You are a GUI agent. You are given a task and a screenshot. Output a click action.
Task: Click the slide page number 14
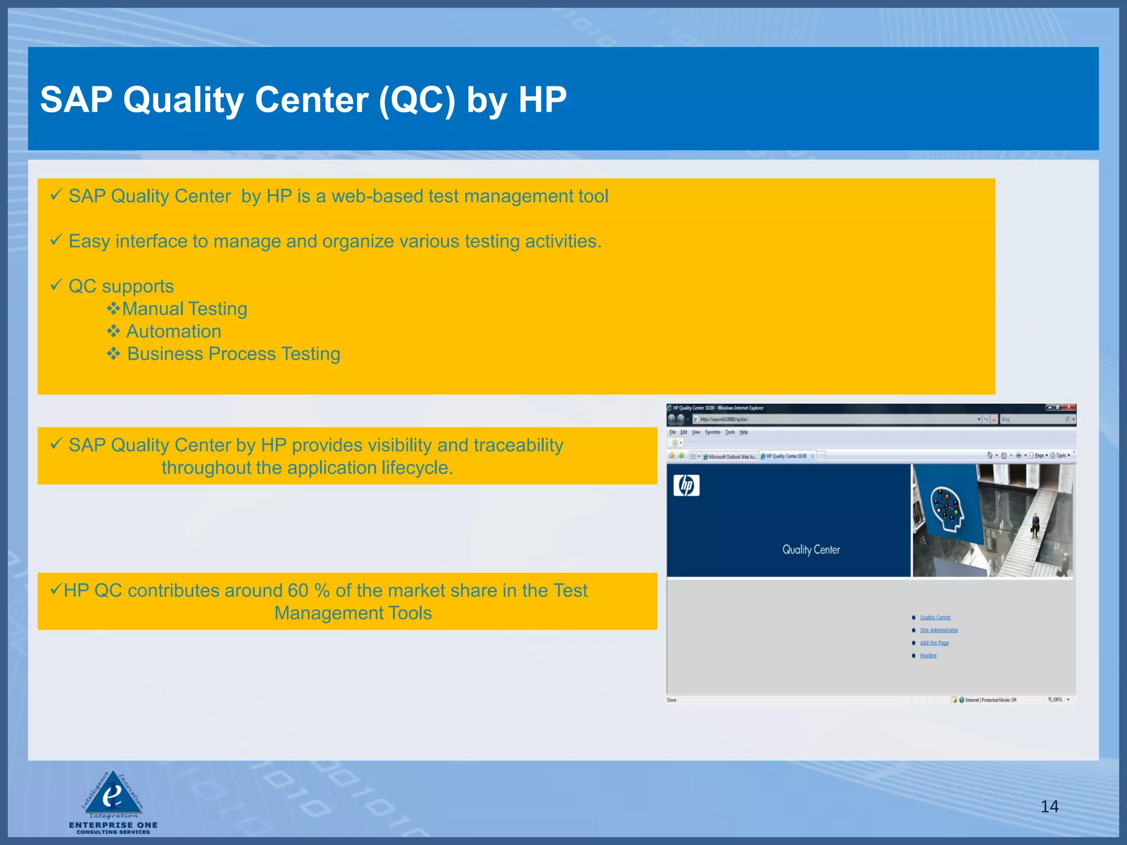coord(1049,806)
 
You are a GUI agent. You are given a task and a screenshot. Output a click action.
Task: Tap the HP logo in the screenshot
coord(686,486)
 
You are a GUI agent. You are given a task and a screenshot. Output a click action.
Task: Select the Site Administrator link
coord(939,630)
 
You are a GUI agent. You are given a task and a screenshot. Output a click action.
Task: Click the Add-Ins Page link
coord(934,643)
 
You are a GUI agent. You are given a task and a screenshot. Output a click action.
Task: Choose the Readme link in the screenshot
coord(928,656)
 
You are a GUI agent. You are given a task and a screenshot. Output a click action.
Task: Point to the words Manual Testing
coord(184,309)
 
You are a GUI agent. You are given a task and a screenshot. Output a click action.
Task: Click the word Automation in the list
coord(174,332)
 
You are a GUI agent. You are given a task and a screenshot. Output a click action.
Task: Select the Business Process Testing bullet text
coord(233,354)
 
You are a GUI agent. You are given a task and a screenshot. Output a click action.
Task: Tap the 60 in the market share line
coord(298,591)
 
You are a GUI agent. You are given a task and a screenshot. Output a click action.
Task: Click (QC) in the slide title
coord(417,100)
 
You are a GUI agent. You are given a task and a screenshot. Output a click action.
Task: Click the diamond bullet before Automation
coord(113,331)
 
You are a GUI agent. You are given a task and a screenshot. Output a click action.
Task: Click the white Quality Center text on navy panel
coord(811,550)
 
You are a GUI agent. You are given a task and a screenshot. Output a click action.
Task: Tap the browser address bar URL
coord(724,419)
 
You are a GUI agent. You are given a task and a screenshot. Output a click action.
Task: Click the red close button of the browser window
coord(1069,408)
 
